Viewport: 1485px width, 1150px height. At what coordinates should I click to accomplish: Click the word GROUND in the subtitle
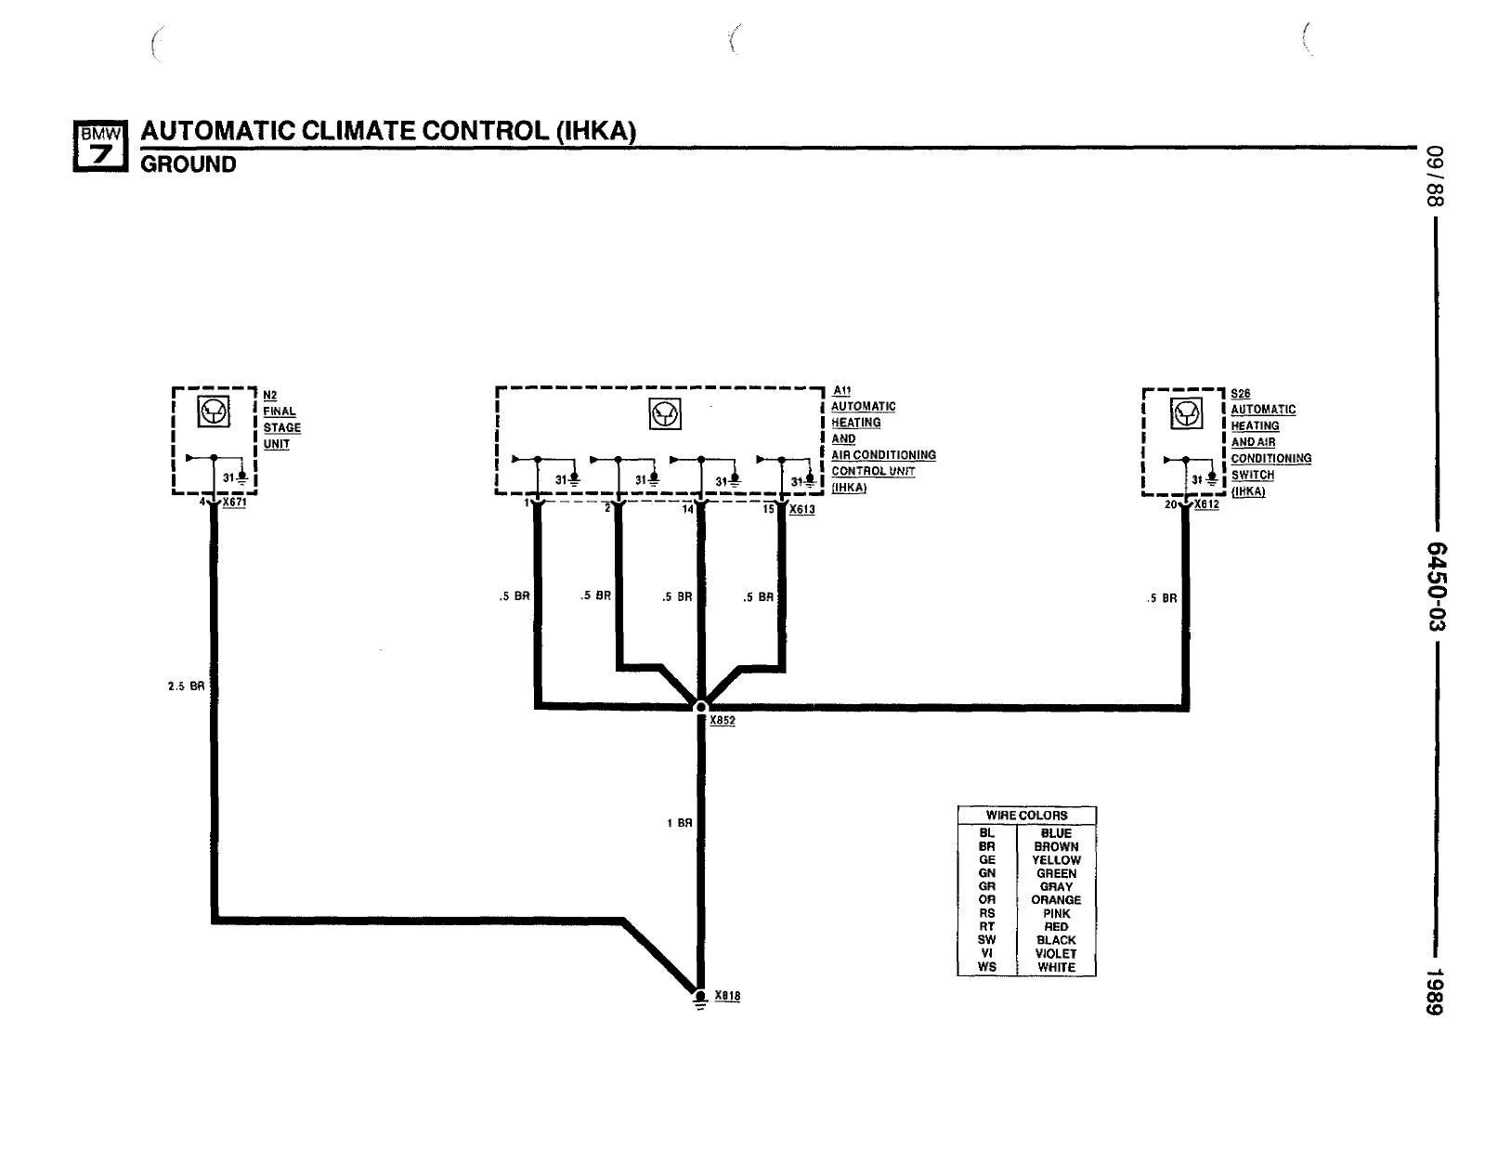coord(188,165)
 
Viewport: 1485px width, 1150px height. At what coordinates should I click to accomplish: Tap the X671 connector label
coord(234,503)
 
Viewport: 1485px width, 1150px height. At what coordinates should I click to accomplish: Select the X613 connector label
coord(801,509)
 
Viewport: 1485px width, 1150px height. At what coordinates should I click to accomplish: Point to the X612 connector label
coord(1206,504)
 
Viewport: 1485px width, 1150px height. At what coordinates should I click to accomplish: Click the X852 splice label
coord(722,721)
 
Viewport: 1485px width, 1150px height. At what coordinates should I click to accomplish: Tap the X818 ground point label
coord(727,996)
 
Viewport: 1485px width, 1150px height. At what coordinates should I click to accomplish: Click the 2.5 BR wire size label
coord(186,687)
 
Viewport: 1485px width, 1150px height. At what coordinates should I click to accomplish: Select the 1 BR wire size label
coord(680,823)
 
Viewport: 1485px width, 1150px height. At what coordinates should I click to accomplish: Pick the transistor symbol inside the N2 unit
coord(215,412)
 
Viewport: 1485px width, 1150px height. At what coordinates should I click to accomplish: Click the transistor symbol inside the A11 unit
coord(665,414)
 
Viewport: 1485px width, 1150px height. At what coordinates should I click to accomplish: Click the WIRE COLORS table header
coord(1026,816)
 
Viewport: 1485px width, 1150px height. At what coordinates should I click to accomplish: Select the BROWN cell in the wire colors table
coord(1056,847)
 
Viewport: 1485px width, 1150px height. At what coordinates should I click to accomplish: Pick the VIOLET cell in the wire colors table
coord(1056,953)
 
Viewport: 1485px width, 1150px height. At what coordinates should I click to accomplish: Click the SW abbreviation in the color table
coord(986,940)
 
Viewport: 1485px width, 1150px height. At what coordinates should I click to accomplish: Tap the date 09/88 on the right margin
coord(1437,176)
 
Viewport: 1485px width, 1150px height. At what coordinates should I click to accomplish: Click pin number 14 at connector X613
coord(688,509)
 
